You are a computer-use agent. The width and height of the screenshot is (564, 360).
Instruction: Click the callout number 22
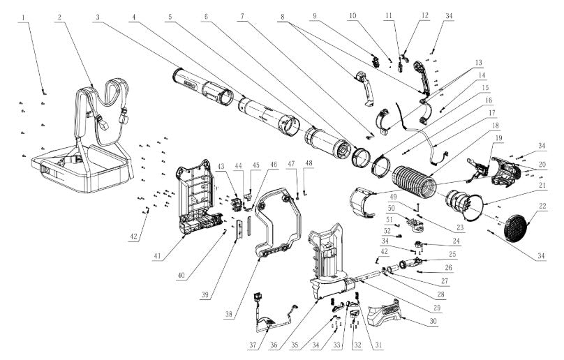coord(542,206)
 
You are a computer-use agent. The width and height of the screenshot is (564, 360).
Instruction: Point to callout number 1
coord(23,17)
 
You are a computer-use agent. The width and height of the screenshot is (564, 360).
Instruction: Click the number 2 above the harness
coord(60,17)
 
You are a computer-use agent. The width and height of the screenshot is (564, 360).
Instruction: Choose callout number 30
coord(433,321)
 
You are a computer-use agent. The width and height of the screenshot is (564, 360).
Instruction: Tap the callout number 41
coord(157,256)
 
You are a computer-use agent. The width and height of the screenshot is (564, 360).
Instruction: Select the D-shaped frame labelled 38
coord(277,222)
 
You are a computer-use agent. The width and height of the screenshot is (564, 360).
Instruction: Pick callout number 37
coord(253,345)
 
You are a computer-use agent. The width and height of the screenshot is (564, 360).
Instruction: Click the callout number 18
coord(496,126)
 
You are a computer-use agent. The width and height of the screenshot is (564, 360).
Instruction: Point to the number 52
coord(387,231)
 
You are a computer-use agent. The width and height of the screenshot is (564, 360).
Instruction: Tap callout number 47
coord(291,164)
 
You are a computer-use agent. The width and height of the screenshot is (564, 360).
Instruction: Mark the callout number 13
coord(478,63)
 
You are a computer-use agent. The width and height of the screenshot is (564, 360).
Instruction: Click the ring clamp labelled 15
coord(380,166)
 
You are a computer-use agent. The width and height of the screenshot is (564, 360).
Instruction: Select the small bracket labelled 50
coord(415,223)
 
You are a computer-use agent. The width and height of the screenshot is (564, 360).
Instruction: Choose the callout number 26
coord(449,268)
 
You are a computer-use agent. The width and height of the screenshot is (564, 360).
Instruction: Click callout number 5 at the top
coord(170,17)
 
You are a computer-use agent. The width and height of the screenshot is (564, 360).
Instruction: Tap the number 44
coord(238,166)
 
